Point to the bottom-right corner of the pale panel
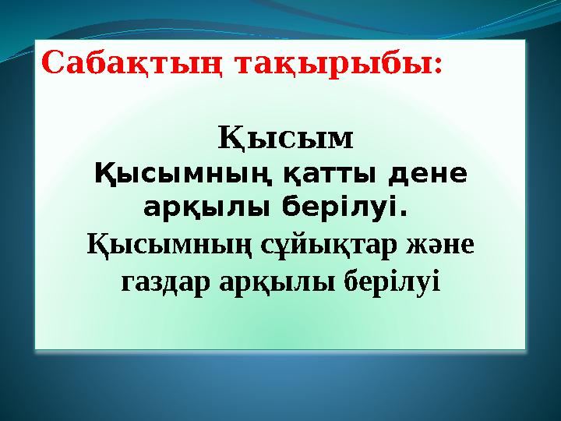pos(526,348)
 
